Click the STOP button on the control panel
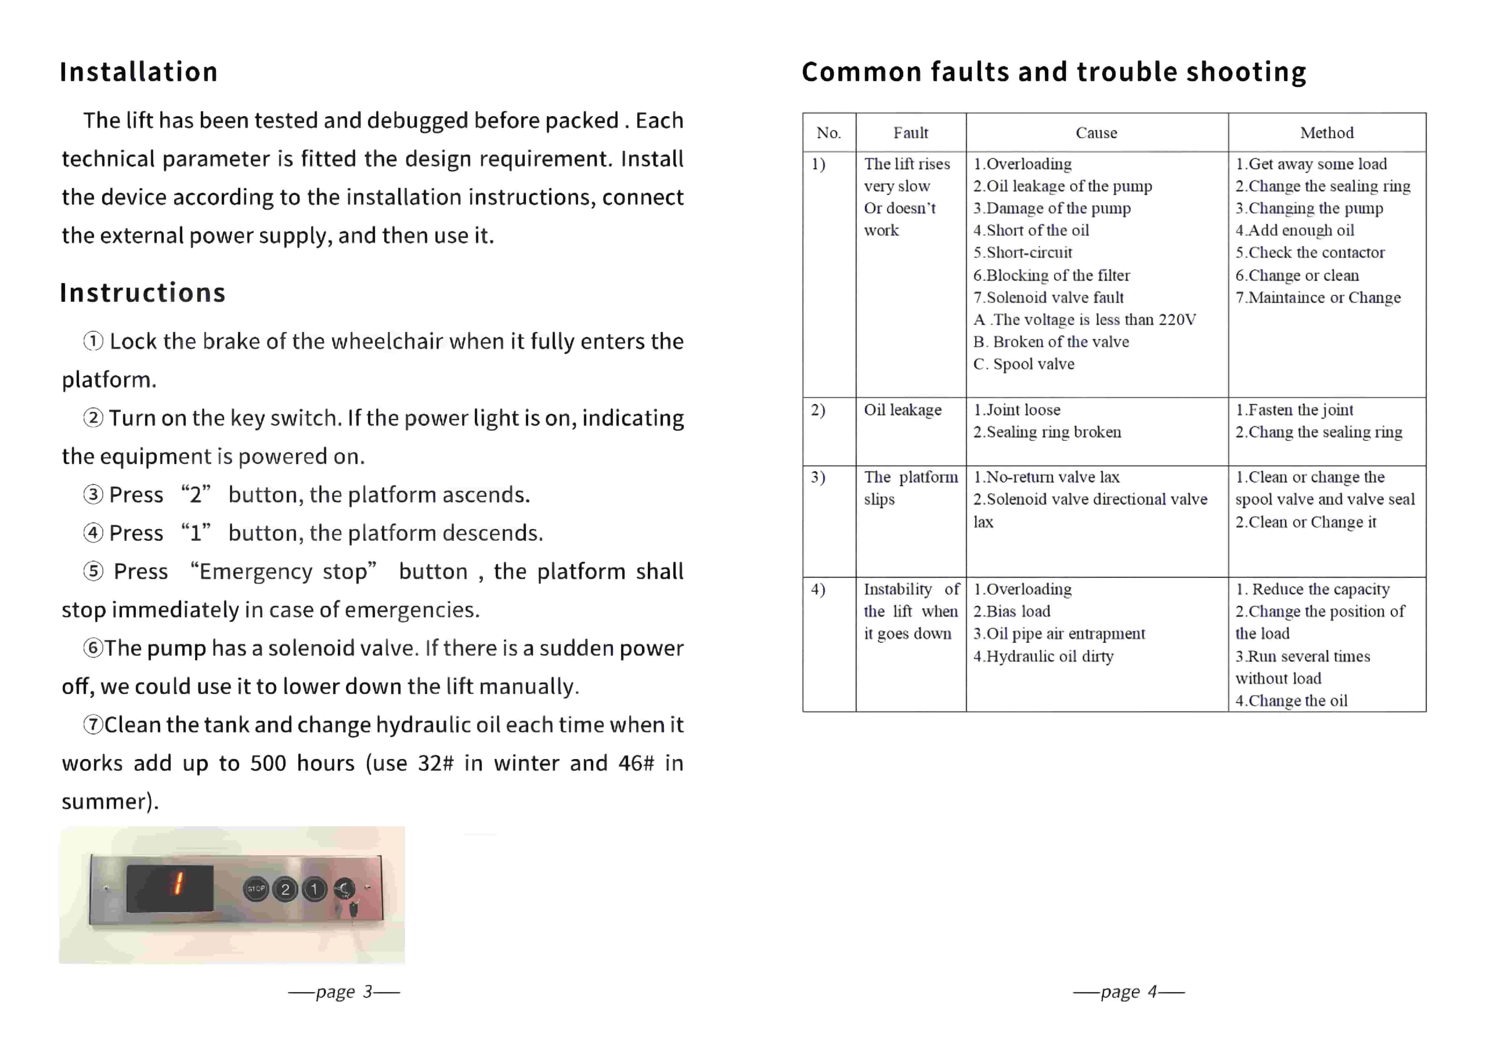pyautogui.click(x=256, y=889)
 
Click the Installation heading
pyautogui.click(x=139, y=72)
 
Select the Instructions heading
pyautogui.click(x=143, y=293)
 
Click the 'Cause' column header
pyautogui.click(x=1097, y=133)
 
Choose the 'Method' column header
pyautogui.click(x=1326, y=133)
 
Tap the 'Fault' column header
pyautogui.click(x=910, y=133)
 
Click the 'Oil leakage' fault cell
pyautogui.click(x=903, y=410)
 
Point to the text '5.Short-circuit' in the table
pyautogui.click(x=1022, y=253)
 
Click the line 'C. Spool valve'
pyautogui.click(x=1023, y=364)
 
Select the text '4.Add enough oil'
pyautogui.click(x=1294, y=230)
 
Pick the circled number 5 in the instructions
pyautogui.click(x=93, y=572)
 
